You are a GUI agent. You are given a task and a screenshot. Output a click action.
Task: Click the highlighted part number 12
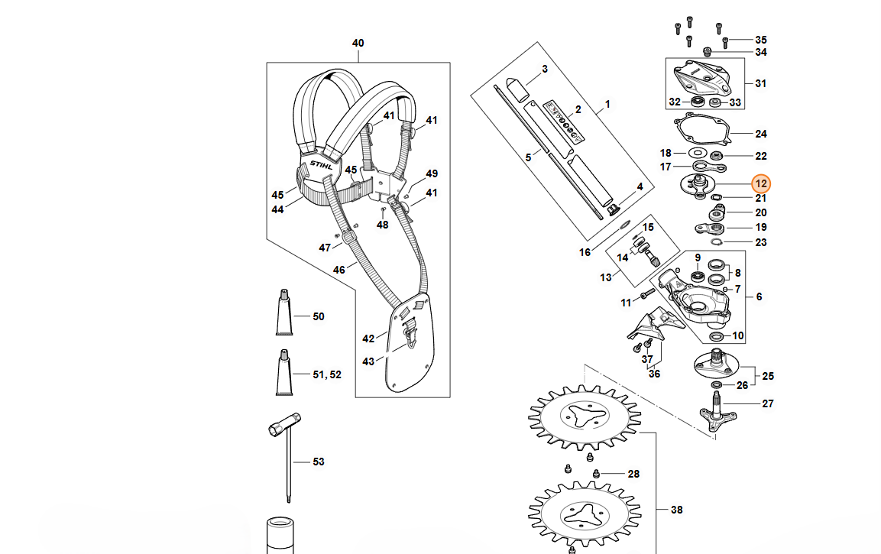click(x=760, y=184)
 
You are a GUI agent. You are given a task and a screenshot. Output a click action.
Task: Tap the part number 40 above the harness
click(x=358, y=43)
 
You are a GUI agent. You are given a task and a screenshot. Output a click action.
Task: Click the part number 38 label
click(x=676, y=510)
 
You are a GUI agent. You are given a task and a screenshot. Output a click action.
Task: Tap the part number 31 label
click(x=760, y=83)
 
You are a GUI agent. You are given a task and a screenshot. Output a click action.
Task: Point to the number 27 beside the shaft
click(x=767, y=403)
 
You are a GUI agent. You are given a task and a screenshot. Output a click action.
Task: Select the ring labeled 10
click(x=717, y=336)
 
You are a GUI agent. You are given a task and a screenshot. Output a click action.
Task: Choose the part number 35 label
click(x=760, y=39)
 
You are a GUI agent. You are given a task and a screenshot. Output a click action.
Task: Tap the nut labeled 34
click(x=708, y=52)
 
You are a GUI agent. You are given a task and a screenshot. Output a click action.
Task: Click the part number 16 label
click(x=585, y=252)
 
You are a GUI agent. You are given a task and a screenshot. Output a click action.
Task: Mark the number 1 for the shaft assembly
click(x=607, y=103)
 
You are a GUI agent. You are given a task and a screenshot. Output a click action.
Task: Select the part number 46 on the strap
click(x=338, y=269)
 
